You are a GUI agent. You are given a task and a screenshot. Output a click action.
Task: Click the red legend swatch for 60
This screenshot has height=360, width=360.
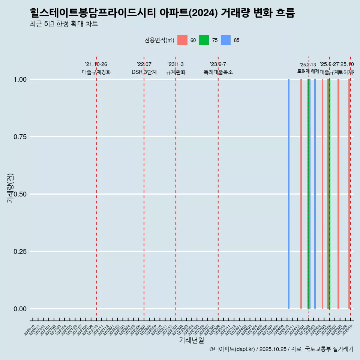pos(182,40)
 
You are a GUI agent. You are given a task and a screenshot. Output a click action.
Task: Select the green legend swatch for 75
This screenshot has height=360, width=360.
pos(204,40)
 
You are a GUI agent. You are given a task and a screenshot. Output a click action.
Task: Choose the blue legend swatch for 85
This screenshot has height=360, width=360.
pos(226,40)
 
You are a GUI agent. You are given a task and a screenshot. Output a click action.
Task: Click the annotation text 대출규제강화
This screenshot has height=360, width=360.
pos(96,72)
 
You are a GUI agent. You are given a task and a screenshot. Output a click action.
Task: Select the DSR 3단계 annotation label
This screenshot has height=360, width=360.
pos(144,72)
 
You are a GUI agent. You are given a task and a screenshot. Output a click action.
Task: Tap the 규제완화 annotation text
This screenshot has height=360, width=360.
pos(176,72)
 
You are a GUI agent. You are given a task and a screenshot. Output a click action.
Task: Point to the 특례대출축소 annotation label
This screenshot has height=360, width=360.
pos(218,72)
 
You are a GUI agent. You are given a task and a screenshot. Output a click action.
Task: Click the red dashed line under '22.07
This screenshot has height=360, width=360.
pos(144,187)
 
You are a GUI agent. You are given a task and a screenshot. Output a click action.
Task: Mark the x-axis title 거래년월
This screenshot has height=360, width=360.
pos(192,340)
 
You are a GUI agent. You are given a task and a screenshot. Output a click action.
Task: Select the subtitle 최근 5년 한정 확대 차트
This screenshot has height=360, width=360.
pos(64,24)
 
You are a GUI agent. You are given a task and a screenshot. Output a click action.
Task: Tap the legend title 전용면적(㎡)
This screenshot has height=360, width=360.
pos(159,40)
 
